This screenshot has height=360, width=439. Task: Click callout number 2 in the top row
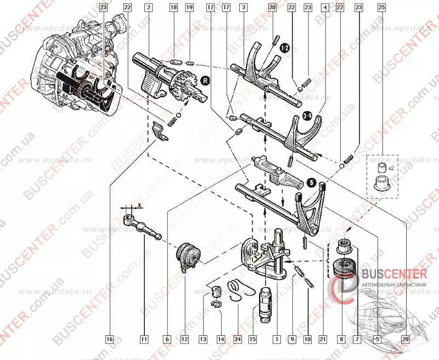[149, 8]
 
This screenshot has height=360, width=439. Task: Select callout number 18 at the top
[174, 8]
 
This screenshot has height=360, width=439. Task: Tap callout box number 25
[381, 8]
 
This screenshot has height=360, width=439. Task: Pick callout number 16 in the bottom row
[110, 339]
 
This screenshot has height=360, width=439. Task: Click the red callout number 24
[238, 339]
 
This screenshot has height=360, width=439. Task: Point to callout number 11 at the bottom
[144, 339]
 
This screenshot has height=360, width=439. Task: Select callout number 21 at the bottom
[322, 339]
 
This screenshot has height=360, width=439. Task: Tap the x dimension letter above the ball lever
[139, 204]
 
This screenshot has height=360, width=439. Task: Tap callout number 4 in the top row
[326, 8]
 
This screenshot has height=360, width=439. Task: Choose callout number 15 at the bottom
[252, 339]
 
